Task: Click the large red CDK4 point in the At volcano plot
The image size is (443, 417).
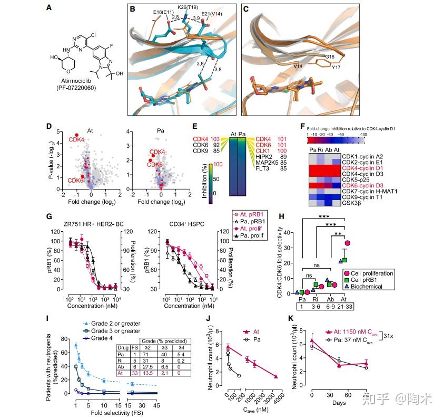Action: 76,135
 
